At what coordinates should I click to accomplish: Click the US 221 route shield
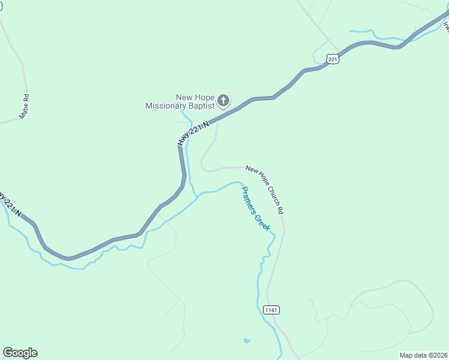(x=334, y=58)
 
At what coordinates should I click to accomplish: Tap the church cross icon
(x=223, y=100)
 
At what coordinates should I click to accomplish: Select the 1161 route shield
(x=271, y=310)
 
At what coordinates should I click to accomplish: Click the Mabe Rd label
(x=25, y=106)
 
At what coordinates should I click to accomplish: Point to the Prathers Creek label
(x=256, y=209)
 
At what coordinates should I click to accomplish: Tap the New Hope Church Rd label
(x=264, y=190)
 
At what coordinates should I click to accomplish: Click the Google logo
(x=20, y=353)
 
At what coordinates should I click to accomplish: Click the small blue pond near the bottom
(x=247, y=341)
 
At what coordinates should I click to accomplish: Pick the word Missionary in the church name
(x=164, y=106)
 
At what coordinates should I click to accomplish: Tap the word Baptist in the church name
(x=200, y=106)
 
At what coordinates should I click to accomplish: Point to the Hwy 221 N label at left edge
(x=10, y=204)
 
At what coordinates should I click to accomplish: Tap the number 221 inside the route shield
(x=334, y=59)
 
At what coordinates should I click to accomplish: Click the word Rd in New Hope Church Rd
(x=280, y=211)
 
